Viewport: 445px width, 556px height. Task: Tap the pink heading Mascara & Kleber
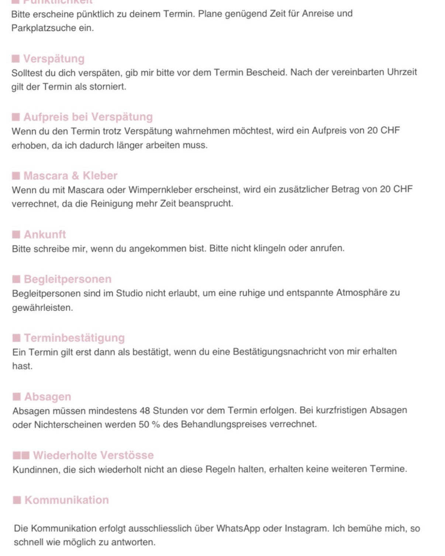click(70, 176)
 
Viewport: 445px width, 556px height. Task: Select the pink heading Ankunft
click(45, 234)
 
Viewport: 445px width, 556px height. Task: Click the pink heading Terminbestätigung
click(75, 338)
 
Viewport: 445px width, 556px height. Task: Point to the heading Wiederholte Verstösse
click(93, 455)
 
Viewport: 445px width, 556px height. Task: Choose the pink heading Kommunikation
click(67, 500)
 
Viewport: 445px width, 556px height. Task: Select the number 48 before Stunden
click(145, 411)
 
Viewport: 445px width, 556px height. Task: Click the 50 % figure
click(149, 424)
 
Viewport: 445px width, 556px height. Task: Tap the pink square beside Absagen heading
click(17, 396)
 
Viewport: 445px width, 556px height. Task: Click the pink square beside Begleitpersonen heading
click(16, 279)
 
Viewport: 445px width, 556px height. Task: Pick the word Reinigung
click(111, 204)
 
